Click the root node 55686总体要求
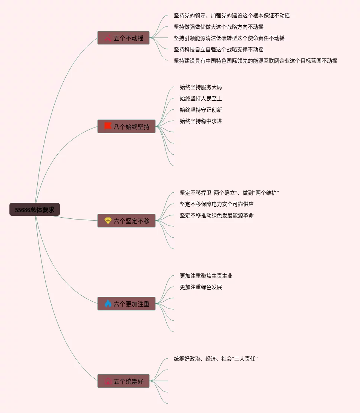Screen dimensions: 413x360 point(35,210)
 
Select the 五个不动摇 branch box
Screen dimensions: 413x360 point(123,38)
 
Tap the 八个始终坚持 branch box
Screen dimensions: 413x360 point(126,126)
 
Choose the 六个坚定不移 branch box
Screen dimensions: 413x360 point(126,221)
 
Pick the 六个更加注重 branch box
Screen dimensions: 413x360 point(126,304)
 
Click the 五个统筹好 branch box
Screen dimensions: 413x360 point(123,381)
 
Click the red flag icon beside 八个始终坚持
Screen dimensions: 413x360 point(108,126)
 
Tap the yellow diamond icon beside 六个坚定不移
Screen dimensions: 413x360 point(108,221)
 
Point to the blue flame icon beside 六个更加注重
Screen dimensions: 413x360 point(108,304)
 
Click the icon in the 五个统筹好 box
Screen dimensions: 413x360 point(108,381)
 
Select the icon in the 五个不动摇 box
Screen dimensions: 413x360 point(108,38)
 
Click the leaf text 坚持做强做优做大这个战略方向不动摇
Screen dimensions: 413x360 point(218,27)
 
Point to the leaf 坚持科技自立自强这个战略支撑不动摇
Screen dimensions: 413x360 point(218,49)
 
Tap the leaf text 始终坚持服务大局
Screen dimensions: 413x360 point(201,87)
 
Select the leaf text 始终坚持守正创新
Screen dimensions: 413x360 point(201,110)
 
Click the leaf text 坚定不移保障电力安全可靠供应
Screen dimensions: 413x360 point(216,204)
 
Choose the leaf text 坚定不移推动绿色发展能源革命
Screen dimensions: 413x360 point(216,215)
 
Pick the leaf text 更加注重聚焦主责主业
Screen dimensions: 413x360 point(206,276)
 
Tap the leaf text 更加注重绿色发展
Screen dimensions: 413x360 point(201,287)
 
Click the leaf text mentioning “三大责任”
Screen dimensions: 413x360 point(215,359)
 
